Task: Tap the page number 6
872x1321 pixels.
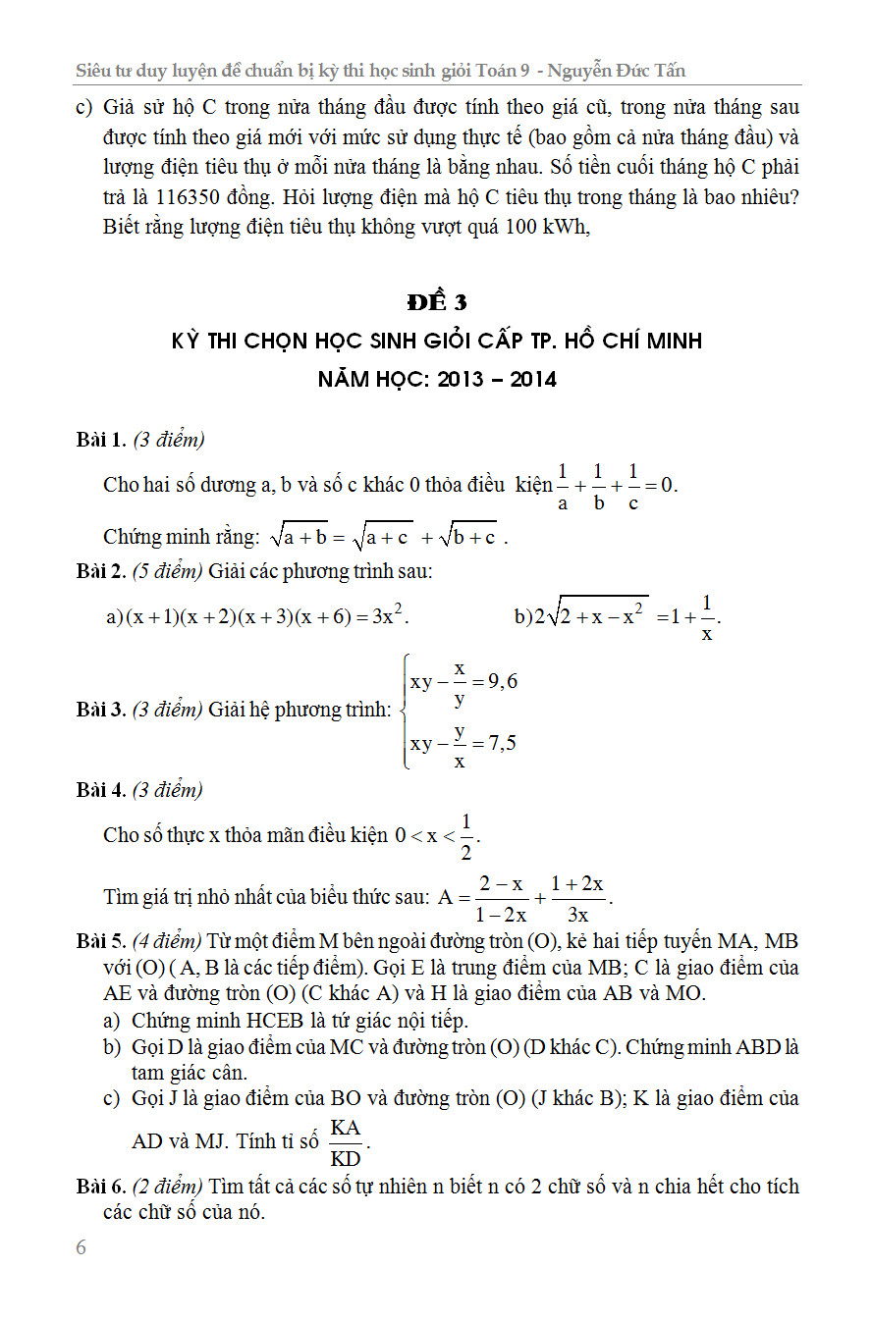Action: (x=81, y=1247)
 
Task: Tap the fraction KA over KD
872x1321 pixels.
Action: (x=346, y=1142)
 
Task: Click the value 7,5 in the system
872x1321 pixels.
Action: (x=495, y=743)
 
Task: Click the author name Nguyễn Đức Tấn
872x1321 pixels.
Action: (x=617, y=71)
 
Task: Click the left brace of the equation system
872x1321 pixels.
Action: (x=405, y=711)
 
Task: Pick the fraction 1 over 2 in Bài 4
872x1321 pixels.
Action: (x=466, y=835)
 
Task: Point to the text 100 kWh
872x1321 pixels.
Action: (x=546, y=228)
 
